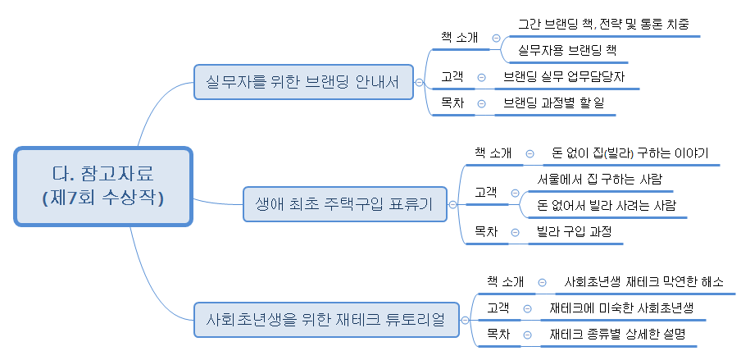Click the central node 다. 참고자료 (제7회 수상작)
(x=102, y=186)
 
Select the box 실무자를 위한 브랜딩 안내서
(x=302, y=82)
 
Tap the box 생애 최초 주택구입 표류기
(x=345, y=203)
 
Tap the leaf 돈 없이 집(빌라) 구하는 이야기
(x=630, y=153)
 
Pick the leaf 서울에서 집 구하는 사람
(x=599, y=179)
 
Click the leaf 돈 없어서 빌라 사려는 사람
(x=607, y=205)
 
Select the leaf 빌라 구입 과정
(x=574, y=232)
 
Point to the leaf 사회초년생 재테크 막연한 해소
(x=644, y=282)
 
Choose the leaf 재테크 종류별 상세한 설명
(x=617, y=335)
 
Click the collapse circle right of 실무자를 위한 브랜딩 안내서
(x=419, y=82)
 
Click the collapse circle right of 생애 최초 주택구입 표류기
(x=452, y=203)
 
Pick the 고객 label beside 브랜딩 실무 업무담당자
(x=452, y=77)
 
